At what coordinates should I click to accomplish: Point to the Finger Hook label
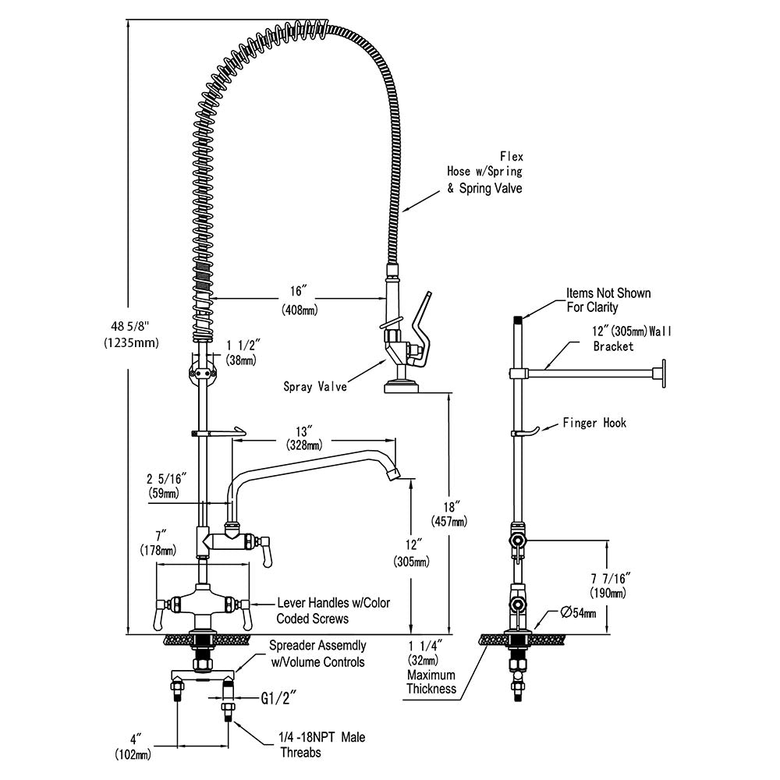click(x=594, y=423)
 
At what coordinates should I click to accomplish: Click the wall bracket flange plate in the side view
click(x=664, y=372)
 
